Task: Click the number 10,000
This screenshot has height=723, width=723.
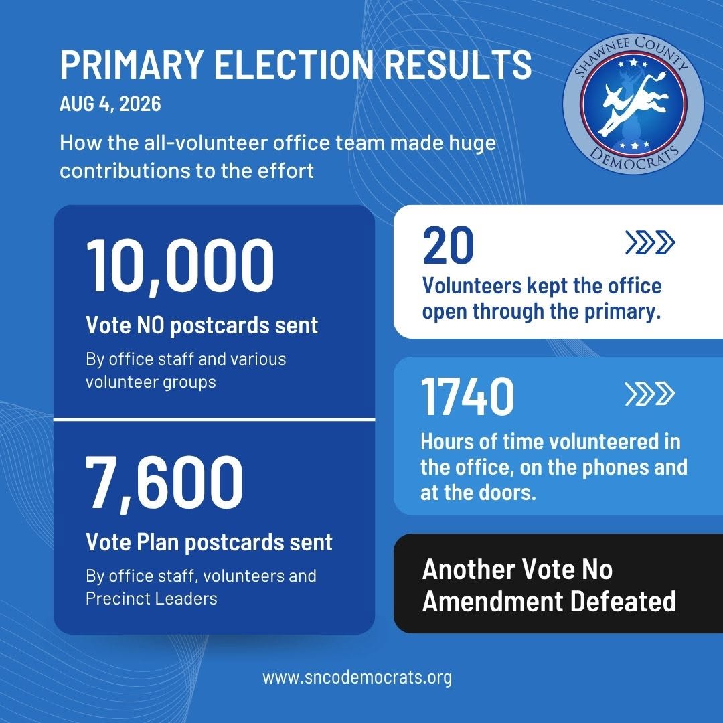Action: (180, 266)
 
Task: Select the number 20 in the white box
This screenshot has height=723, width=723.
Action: (448, 245)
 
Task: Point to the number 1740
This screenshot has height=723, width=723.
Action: (467, 396)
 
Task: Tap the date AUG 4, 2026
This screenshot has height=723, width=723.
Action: (110, 104)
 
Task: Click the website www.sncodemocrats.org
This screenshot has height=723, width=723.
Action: (357, 677)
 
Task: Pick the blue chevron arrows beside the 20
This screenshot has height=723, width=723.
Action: (650, 242)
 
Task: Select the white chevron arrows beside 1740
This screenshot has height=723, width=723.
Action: (650, 394)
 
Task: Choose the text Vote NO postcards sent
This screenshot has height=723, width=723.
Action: (202, 325)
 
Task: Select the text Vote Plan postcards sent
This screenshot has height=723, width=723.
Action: (209, 542)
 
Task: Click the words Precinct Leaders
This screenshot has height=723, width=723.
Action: (151, 598)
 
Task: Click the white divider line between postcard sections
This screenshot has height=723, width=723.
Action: (214, 419)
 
